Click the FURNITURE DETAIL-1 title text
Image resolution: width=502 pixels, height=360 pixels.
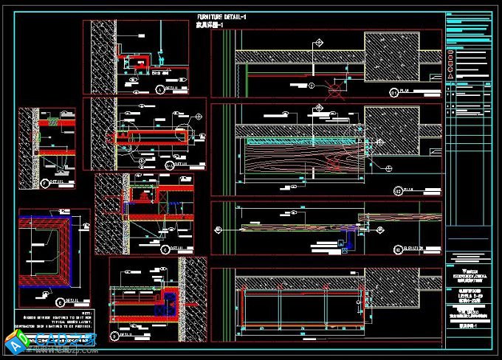coord(222,16)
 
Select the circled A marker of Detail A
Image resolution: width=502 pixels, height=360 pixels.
coord(160,89)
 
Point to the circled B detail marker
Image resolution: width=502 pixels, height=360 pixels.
coord(164,164)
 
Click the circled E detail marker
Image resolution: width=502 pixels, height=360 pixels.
coord(39,301)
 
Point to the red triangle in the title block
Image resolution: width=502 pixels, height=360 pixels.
coord(450,75)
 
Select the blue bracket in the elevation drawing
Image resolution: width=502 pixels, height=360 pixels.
coord(348,238)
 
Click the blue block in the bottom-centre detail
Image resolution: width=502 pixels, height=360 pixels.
coord(169,300)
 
